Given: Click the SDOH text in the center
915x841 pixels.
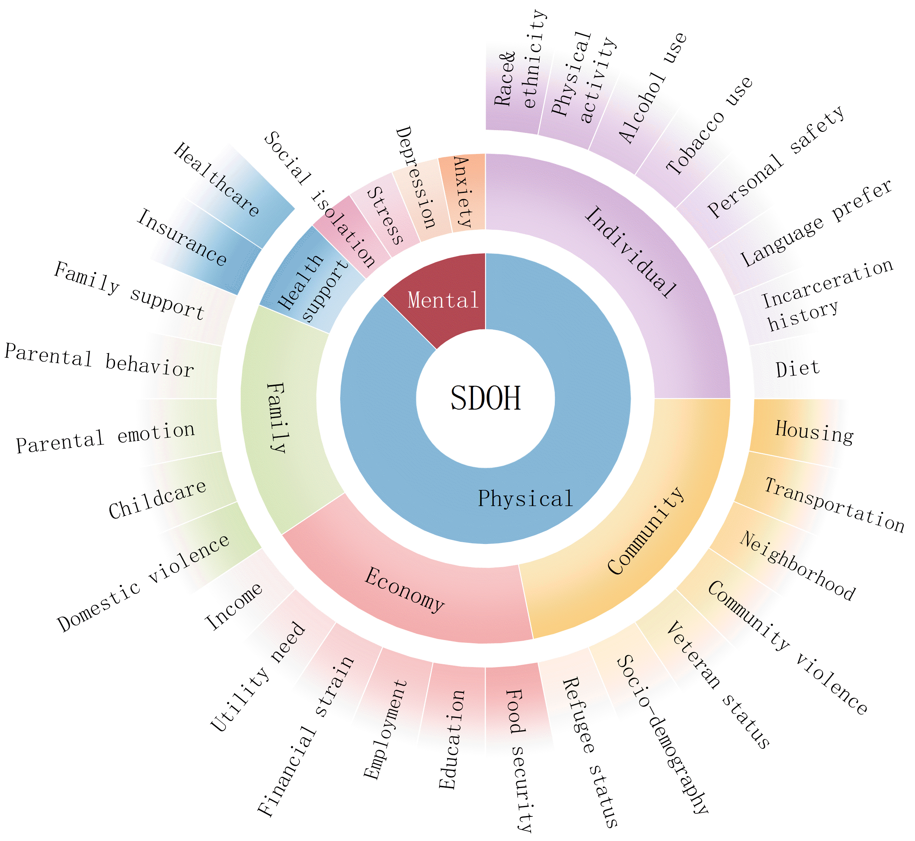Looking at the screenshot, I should coord(485,398).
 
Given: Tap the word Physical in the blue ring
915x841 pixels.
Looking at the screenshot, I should coord(525,498).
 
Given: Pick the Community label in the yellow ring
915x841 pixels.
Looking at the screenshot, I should coord(646,531).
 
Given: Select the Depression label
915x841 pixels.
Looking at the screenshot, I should coord(415,178).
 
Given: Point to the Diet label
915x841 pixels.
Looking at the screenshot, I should coord(797,369).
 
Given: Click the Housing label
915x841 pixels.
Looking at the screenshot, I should coord(814,432).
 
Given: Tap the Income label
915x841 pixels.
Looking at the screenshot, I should coord(234,606).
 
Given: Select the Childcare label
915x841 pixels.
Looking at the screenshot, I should coord(157,500).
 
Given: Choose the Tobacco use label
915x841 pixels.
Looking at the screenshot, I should coord(709,126).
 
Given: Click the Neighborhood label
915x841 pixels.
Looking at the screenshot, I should coord(797,566).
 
